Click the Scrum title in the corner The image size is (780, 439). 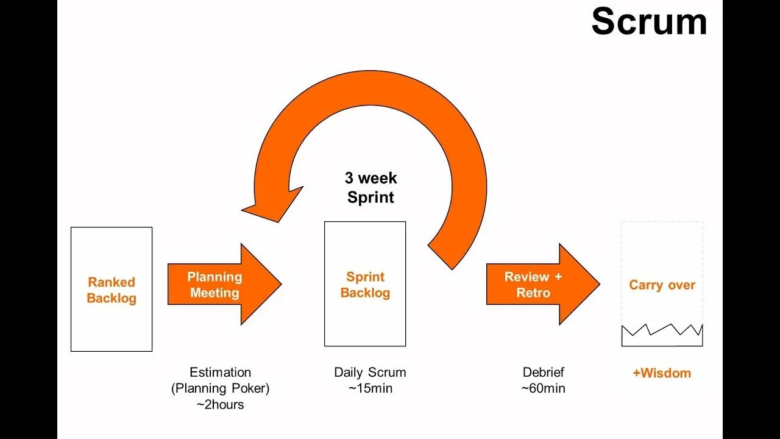tap(649, 22)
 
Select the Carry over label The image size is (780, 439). tap(662, 285)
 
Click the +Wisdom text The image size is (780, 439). tap(662, 373)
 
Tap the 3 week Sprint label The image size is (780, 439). tap(370, 187)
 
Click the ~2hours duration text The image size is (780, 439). tap(220, 404)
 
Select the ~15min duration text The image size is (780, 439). tap(370, 388)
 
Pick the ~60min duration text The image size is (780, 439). tap(543, 388)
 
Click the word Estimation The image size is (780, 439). tap(220, 372)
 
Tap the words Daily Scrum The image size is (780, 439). tap(370, 372)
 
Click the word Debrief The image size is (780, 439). tap(543, 372)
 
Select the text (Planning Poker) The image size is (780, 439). tap(220, 388)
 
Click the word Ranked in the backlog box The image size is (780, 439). tap(112, 282)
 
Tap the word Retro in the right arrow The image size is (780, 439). tap(533, 293)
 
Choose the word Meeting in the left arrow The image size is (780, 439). tap(214, 293)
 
